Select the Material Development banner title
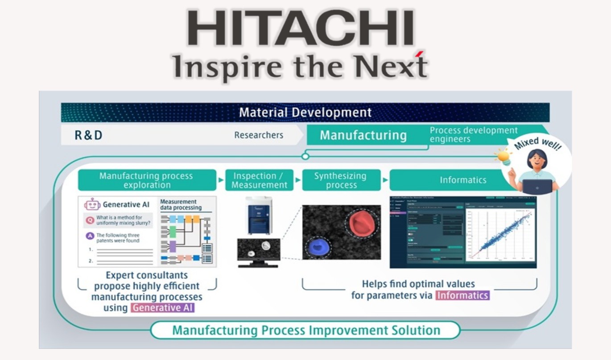point(305,112)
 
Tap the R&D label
point(88,135)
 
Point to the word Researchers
point(259,135)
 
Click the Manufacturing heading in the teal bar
point(363,135)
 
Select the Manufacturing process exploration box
point(146,180)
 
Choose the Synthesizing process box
point(341,180)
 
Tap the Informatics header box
point(463,180)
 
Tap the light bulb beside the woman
point(503,157)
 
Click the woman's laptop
point(537,186)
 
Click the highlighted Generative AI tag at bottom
point(163,308)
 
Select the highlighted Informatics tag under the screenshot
point(462,295)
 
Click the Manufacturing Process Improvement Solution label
point(306,331)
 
